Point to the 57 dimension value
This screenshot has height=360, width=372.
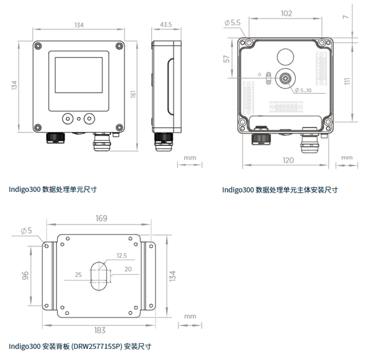[x=227, y=59]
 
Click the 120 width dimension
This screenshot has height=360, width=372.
[x=286, y=161]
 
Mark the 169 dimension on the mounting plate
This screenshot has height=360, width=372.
[x=102, y=218]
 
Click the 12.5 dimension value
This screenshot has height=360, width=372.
[x=121, y=255]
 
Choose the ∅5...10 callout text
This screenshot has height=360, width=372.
[x=303, y=90]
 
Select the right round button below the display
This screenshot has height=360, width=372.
[x=90, y=117]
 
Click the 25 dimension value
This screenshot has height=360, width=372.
[x=77, y=274]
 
